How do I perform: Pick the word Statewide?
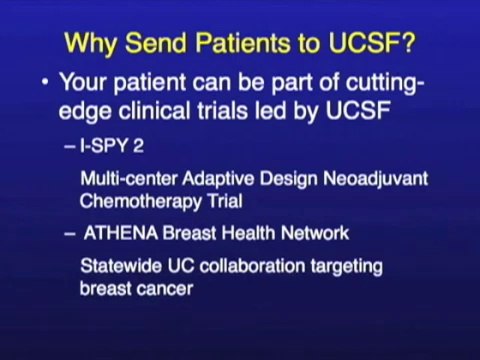(x=122, y=268)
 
